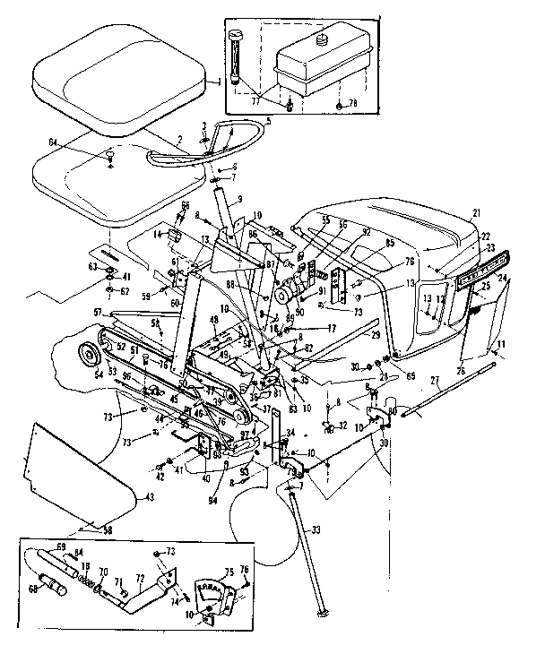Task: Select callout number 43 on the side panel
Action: point(149,497)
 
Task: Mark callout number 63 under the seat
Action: point(92,266)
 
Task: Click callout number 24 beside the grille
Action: point(504,278)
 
